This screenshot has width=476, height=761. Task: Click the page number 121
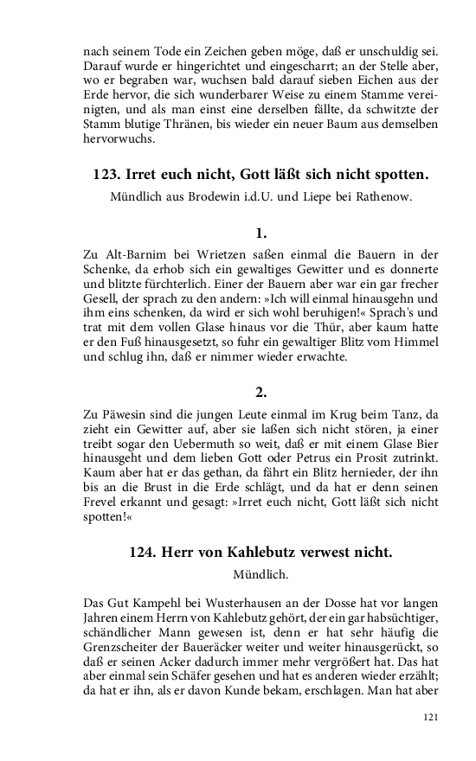point(434,717)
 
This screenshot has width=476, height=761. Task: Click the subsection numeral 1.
point(261,233)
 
